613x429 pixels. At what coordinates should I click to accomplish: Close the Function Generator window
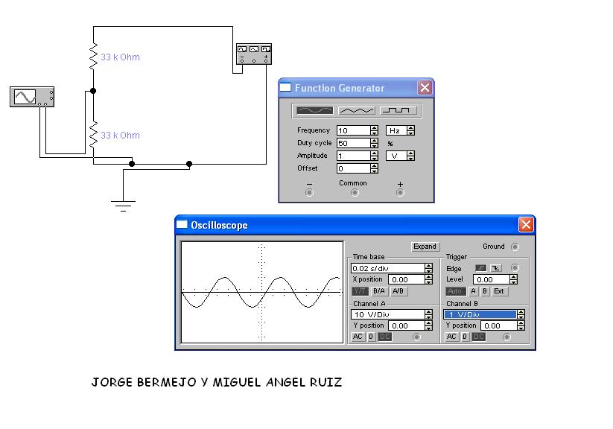(425, 88)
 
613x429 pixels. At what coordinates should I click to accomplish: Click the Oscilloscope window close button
(526, 225)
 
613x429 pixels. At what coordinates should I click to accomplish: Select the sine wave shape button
(314, 110)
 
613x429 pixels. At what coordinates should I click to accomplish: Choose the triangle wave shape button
(357, 110)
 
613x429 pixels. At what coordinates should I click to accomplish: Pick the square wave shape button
(399, 110)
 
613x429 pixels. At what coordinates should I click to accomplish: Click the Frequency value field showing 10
(353, 130)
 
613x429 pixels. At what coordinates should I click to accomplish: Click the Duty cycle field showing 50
(353, 143)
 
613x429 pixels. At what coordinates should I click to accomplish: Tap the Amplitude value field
(353, 156)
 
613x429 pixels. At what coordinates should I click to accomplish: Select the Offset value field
(353, 168)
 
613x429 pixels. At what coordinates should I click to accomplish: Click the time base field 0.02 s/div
(387, 268)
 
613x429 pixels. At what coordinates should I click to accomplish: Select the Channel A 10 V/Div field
(387, 314)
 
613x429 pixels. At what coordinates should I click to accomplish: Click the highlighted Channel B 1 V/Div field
(480, 314)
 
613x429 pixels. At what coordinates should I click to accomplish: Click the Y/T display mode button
(360, 291)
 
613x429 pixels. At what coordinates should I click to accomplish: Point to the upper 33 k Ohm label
(120, 57)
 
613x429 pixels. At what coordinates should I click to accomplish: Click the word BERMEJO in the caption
(167, 383)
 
